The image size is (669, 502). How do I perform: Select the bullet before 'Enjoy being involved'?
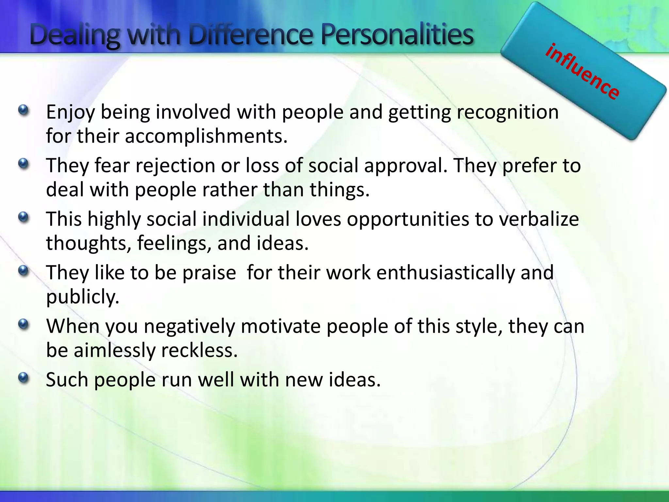pos(24,110)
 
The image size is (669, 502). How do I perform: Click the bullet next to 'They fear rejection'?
pos(24,163)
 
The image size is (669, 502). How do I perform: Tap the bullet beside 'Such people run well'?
pos(24,378)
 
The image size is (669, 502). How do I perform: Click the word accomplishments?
pos(206,136)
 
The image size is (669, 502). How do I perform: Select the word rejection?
pos(175,165)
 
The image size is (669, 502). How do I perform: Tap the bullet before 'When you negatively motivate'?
pos(24,325)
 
